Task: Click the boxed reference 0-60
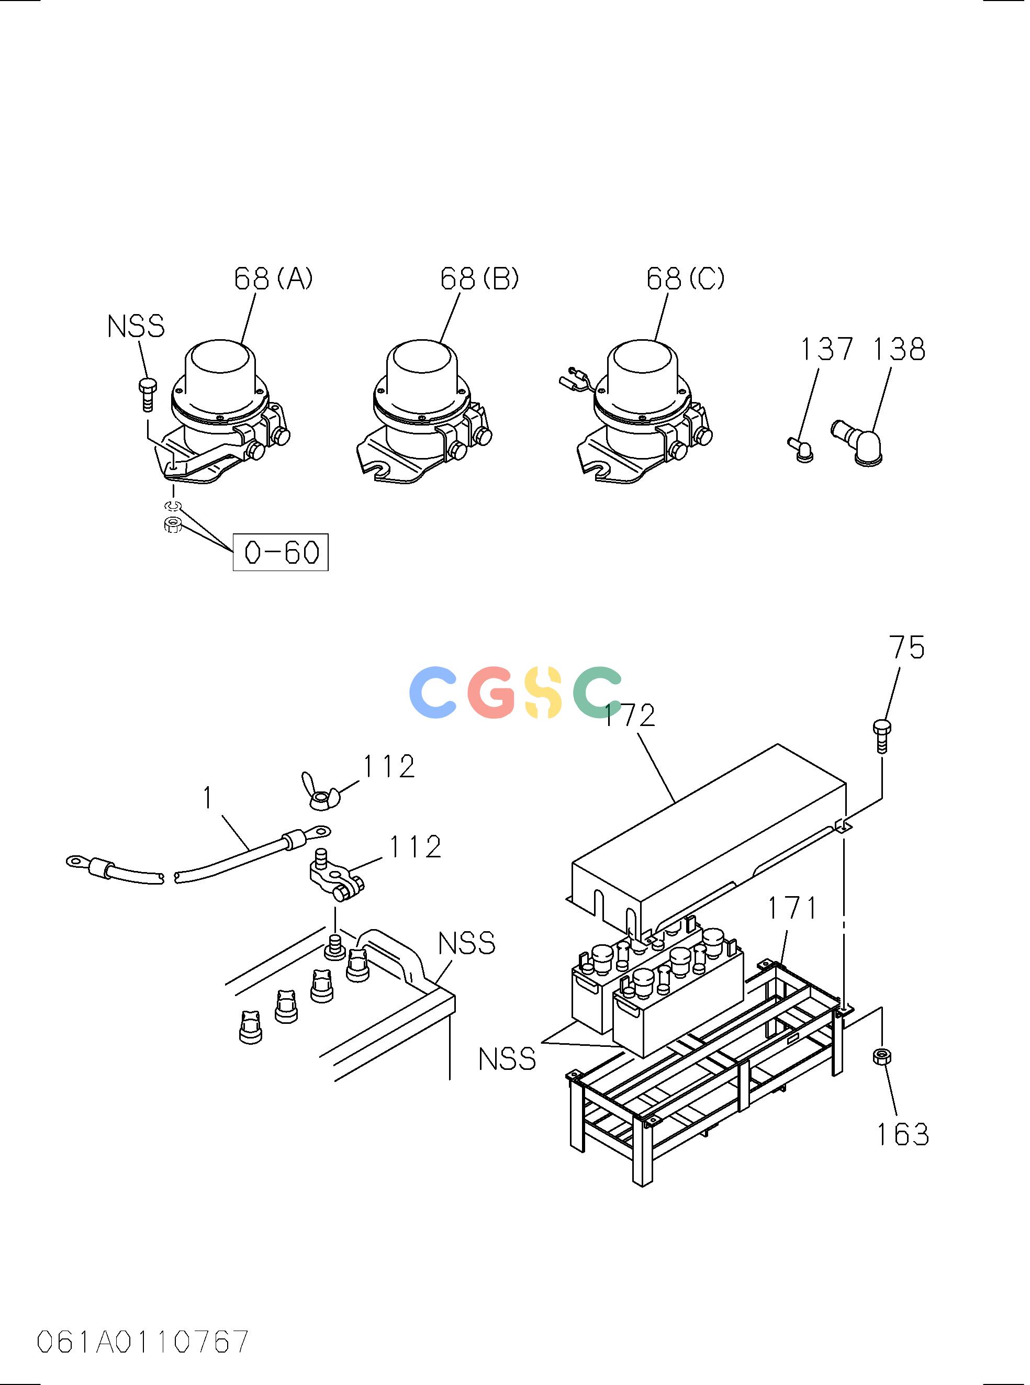(x=281, y=552)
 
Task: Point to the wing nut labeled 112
(x=325, y=792)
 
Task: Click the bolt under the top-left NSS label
(x=147, y=394)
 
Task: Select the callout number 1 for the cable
(x=208, y=798)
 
